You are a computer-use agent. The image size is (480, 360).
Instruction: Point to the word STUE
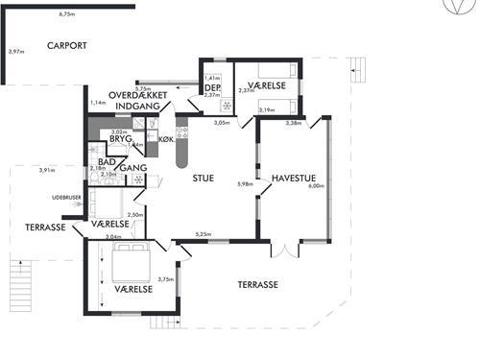click(204, 178)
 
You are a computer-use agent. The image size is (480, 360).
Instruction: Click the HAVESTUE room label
click(295, 178)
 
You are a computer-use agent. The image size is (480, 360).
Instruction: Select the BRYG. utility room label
click(119, 139)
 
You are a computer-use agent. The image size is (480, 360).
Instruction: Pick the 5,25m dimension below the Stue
click(203, 234)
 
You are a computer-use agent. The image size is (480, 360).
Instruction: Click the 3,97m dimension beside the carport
click(14, 51)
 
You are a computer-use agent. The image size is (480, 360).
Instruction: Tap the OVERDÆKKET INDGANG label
click(139, 100)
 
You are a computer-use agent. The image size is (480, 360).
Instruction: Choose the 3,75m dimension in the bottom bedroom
click(165, 279)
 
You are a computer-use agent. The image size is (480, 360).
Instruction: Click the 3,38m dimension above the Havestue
click(294, 123)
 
